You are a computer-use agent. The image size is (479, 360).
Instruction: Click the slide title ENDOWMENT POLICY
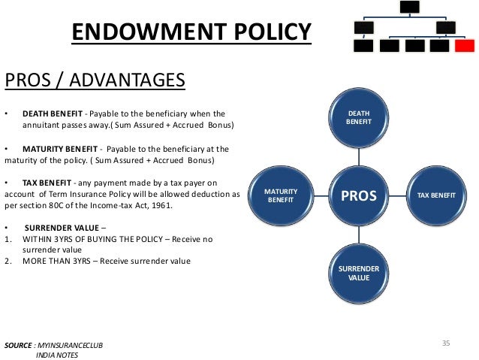coord(191,33)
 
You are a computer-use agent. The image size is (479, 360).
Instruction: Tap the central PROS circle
coord(359,196)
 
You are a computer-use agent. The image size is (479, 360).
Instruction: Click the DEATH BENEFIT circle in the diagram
coord(358,116)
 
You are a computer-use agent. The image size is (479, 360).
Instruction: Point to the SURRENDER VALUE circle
coord(359,273)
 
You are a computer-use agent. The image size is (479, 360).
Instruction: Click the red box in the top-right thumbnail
coord(465,46)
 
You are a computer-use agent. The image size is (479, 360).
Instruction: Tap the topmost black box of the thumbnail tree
coord(408,6)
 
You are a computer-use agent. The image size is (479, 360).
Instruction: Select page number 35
coord(445,343)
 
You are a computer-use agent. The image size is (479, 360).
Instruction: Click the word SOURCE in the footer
coord(18,343)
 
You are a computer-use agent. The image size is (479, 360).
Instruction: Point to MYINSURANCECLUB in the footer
coord(72,343)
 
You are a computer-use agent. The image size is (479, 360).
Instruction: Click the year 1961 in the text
coord(160,205)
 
